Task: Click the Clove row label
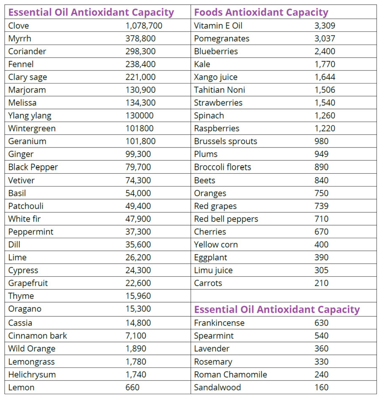19,25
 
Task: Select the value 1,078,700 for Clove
144,25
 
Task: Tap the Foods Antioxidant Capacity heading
261,12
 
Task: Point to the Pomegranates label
221,39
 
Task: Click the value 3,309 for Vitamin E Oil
325,25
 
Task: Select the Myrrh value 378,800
140,39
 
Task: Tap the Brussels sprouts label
225,141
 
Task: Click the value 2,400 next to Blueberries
325,51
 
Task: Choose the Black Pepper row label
33,167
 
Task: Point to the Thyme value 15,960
138,296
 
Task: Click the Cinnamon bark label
37,336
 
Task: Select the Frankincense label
219,323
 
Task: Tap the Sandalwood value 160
321,387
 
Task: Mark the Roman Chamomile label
230,375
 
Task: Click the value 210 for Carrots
321,283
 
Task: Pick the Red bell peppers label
226,219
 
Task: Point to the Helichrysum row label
32,375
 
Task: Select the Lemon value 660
132,387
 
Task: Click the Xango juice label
215,77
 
